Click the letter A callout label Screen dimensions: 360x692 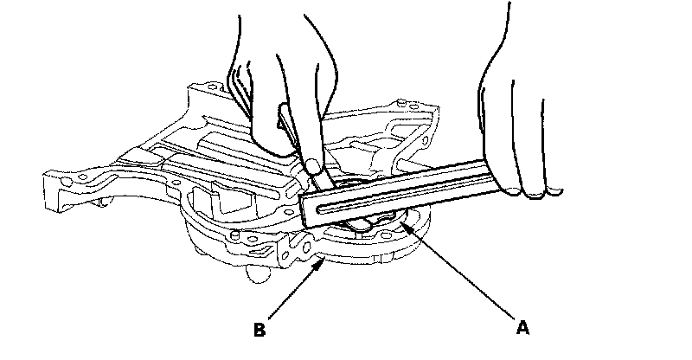522,328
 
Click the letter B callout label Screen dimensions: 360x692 258,329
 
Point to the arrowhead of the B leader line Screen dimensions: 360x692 323,260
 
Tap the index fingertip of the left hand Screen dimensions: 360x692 311,164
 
